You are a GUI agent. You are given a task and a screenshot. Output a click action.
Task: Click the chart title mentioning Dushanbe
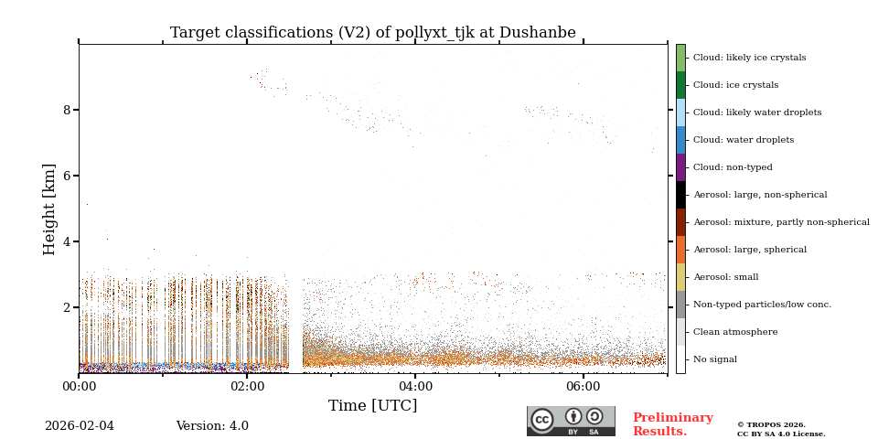(x=372, y=33)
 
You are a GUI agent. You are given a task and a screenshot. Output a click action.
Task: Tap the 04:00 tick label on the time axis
(x=415, y=387)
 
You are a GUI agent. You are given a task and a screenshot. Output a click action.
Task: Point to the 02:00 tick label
(x=247, y=387)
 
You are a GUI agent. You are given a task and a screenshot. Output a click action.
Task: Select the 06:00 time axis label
(x=584, y=387)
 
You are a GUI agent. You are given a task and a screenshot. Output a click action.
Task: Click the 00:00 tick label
(x=79, y=387)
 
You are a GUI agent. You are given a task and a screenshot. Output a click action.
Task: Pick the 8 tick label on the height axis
(x=66, y=110)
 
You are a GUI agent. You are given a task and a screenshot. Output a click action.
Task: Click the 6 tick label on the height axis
(x=66, y=176)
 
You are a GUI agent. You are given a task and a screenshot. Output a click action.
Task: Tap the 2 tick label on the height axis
(x=66, y=307)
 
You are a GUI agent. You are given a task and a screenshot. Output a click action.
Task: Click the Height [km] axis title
(x=49, y=209)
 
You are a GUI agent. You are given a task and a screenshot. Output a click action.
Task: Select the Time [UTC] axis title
(x=372, y=406)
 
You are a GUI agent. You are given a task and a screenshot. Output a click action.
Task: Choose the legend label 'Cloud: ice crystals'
(x=735, y=85)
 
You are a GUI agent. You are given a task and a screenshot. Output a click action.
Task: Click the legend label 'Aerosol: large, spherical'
(x=749, y=250)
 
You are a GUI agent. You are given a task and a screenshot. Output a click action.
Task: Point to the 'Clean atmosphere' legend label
(x=735, y=332)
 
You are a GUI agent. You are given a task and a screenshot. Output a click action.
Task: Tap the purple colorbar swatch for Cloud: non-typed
(x=680, y=167)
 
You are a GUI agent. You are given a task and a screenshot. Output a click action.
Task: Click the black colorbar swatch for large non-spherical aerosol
(x=680, y=195)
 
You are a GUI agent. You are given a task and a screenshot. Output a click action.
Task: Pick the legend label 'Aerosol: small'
(x=725, y=277)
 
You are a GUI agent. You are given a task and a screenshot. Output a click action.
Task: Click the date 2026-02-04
(x=80, y=426)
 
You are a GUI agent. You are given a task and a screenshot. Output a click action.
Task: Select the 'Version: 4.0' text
(x=212, y=426)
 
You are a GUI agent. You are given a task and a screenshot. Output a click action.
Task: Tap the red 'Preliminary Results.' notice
(x=672, y=424)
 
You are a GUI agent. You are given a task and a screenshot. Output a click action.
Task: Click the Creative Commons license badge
(x=571, y=421)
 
